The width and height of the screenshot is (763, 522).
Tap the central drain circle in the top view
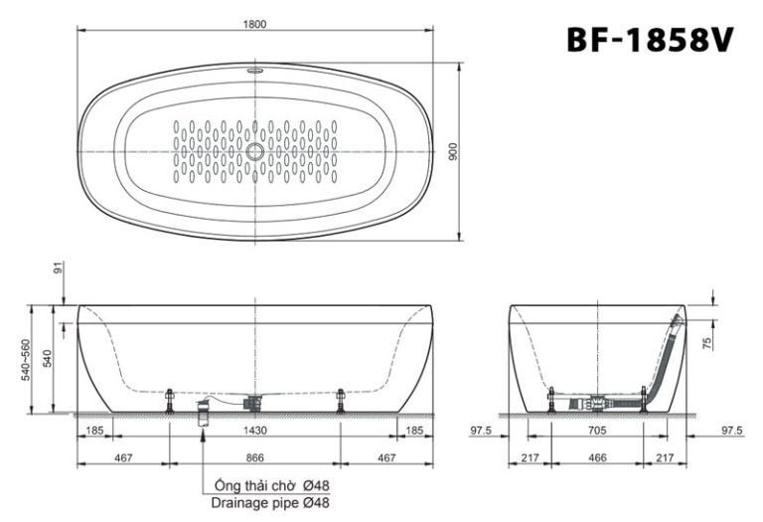(256, 152)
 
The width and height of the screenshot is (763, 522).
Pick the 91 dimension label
(59, 266)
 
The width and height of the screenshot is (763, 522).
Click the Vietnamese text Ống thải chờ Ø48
(271, 485)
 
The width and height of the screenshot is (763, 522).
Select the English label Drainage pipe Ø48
(271, 503)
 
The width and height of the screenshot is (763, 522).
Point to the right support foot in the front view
(341, 400)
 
